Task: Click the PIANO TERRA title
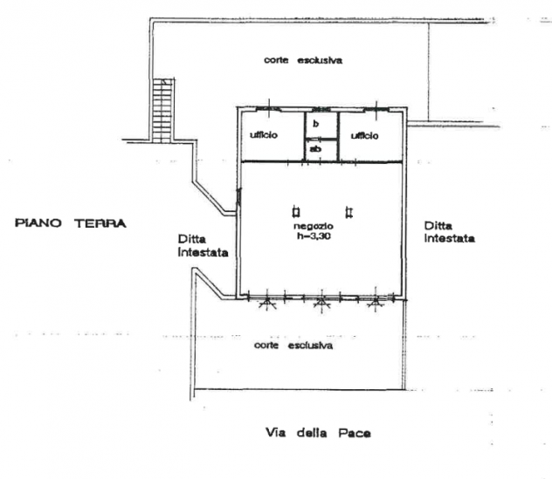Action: (x=71, y=223)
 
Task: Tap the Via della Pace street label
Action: (x=318, y=433)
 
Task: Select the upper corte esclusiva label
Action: (x=303, y=60)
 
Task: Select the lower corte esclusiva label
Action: (x=293, y=346)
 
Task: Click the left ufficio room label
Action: (x=264, y=134)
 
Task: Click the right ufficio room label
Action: (x=365, y=135)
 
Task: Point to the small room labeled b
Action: (x=316, y=124)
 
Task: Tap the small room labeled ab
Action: (x=315, y=149)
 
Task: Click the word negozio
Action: (x=314, y=226)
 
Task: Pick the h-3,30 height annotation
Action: (x=314, y=236)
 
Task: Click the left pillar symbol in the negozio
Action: (x=296, y=212)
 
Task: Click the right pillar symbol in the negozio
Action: (x=349, y=212)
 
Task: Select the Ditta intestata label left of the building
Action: (x=204, y=245)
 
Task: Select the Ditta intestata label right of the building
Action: (x=450, y=232)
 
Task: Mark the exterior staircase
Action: (x=163, y=110)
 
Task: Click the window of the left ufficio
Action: (x=269, y=109)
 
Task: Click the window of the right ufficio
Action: (x=376, y=109)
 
